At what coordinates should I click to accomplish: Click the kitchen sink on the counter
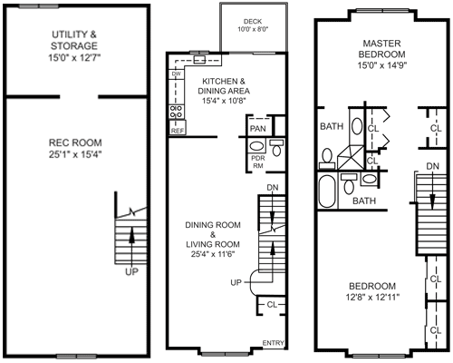[x=201, y=61]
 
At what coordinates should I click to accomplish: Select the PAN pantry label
[x=257, y=126]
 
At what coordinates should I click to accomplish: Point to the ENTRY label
[x=273, y=342]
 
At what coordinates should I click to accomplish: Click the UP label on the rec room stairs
[x=132, y=270]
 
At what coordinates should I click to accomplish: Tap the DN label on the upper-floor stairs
[x=433, y=166]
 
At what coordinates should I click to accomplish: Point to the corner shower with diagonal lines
[x=350, y=161]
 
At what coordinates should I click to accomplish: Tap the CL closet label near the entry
[x=273, y=305]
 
